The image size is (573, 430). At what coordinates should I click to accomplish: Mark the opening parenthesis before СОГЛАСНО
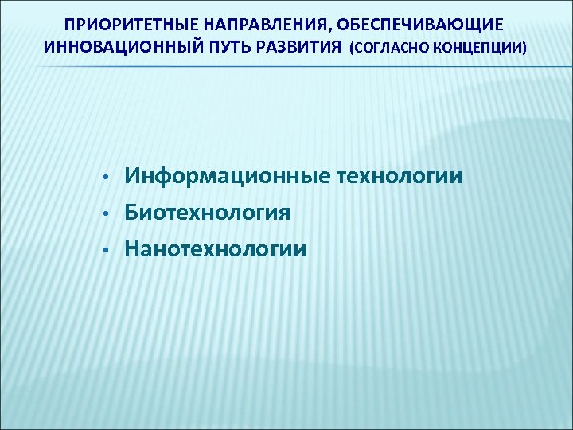[x=351, y=47]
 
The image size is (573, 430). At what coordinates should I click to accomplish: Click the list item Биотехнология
[x=207, y=213]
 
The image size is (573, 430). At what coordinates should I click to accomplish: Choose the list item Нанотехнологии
[x=215, y=249]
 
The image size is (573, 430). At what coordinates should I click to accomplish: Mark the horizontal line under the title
[x=286, y=67]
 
